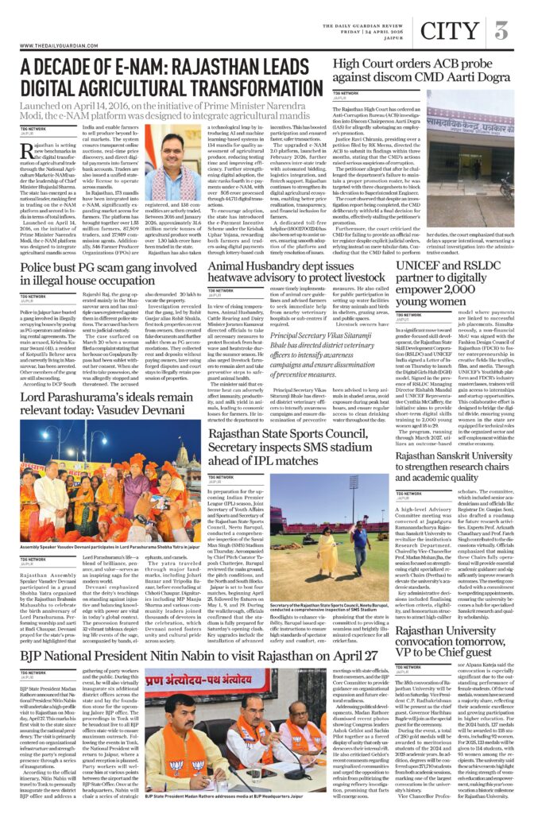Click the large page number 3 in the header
pos(501,31)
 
